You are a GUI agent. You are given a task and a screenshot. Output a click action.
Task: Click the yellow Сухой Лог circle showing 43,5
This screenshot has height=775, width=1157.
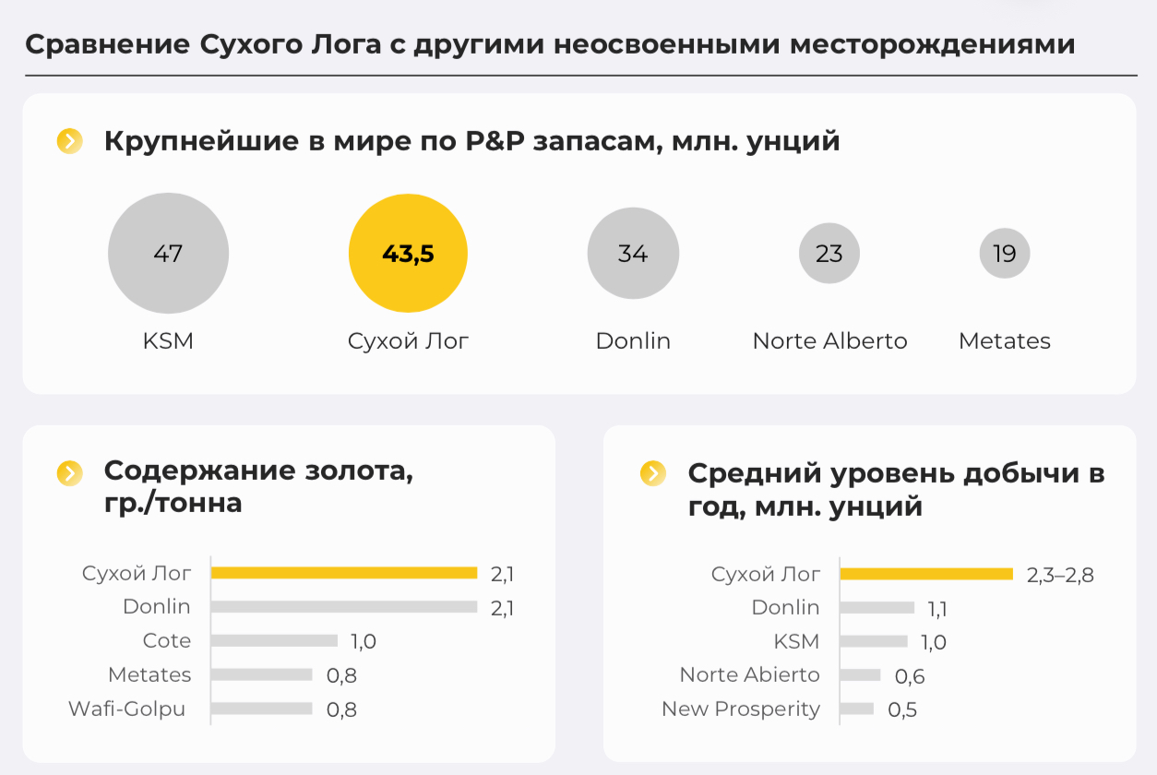[408, 254]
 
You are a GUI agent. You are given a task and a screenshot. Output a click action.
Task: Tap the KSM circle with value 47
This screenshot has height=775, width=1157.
[168, 254]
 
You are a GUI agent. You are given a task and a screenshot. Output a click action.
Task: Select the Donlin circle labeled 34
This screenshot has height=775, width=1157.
[633, 254]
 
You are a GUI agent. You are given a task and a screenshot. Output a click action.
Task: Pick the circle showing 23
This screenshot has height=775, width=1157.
[829, 254]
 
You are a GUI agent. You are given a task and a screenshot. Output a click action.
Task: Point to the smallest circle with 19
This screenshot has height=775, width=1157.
[1005, 254]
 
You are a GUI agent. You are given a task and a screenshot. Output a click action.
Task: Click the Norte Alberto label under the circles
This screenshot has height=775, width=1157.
[829, 340]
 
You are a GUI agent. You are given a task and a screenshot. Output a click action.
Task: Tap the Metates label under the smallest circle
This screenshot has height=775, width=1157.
[1005, 340]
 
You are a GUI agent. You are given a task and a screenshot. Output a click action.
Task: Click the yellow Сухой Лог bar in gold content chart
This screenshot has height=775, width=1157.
[343, 573]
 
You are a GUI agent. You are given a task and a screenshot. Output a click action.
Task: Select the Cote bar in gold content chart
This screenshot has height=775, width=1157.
[274, 640]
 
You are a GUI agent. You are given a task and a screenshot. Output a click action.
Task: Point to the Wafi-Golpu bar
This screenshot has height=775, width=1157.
[262, 709]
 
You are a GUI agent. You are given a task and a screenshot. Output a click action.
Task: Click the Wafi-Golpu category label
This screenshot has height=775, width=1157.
[127, 709]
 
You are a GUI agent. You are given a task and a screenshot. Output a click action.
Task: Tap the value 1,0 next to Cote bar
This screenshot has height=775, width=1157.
[364, 641]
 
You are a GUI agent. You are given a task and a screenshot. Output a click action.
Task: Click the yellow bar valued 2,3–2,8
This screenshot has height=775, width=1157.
[926, 574]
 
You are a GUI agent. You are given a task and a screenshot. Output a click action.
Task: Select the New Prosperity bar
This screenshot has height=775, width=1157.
[857, 709]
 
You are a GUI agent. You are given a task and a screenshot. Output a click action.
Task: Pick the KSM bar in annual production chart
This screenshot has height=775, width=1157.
[874, 641]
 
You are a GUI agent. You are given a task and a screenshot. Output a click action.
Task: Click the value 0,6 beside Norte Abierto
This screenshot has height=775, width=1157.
[910, 676]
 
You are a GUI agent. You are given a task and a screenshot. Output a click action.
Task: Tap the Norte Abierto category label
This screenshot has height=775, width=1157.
[749, 674]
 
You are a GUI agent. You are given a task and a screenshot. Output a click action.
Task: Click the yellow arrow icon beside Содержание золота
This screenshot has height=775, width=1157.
[70, 473]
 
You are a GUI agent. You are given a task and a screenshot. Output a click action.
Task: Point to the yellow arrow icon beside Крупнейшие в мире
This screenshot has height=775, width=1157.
[70, 141]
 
